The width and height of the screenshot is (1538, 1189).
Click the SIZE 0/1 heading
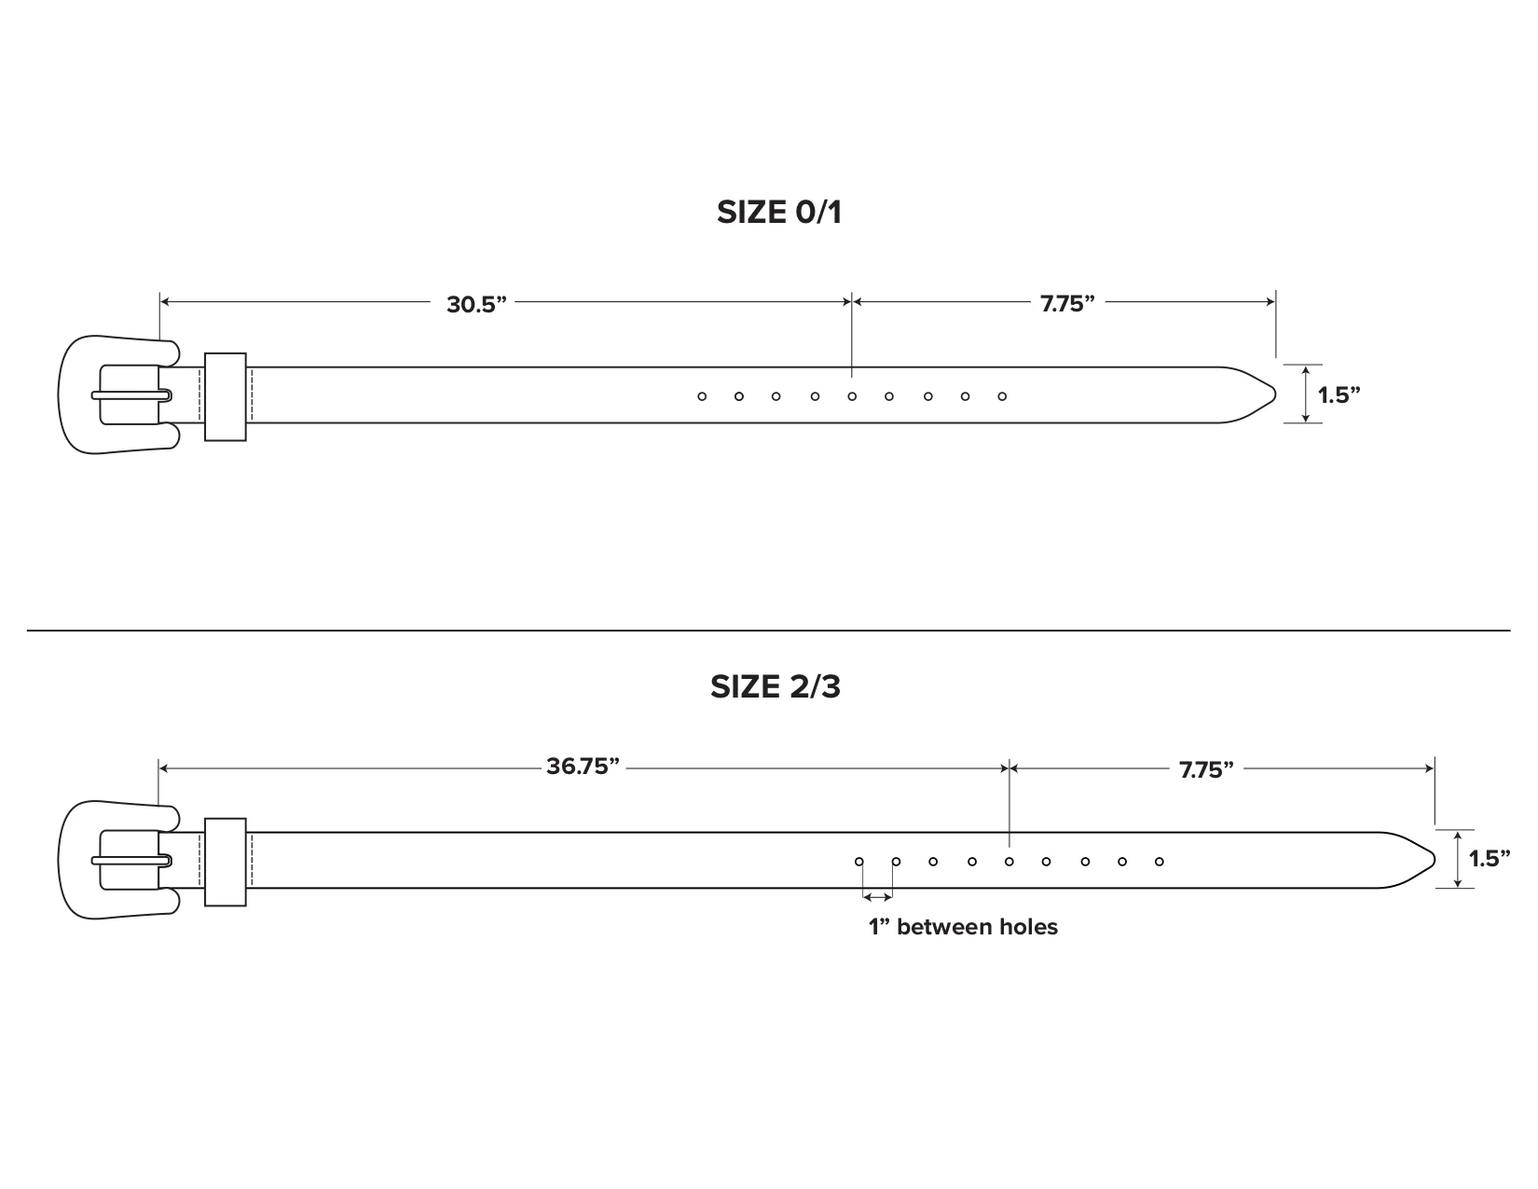(778, 213)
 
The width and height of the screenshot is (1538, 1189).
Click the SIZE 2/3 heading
(775, 687)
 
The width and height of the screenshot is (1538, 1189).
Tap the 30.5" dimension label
(475, 304)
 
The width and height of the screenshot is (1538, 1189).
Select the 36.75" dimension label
(583, 767)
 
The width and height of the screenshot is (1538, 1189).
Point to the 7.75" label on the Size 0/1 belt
(1066, 304)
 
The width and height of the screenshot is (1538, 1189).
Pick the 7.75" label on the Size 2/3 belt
(1206, 770)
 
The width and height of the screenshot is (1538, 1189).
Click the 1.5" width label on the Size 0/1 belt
(1339, 394)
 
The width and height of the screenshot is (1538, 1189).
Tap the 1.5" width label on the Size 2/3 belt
(1490, 859)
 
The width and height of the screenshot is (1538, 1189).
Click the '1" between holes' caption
(963, 927)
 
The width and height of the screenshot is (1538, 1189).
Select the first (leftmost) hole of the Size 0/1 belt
(702, 396)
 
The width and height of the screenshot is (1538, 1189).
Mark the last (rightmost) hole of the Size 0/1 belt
(1002, 396)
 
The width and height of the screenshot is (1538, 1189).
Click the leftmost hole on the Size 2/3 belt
(859, 862)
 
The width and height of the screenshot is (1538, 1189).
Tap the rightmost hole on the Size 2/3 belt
(1160, 862)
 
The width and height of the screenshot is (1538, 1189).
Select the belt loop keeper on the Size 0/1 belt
(225, 396)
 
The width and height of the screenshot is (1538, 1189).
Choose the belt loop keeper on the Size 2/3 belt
(225, 862)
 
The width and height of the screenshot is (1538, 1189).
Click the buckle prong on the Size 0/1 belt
(130, 395)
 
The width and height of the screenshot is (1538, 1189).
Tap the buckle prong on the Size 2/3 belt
(130, 860)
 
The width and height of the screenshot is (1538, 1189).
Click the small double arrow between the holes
(877, 897)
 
